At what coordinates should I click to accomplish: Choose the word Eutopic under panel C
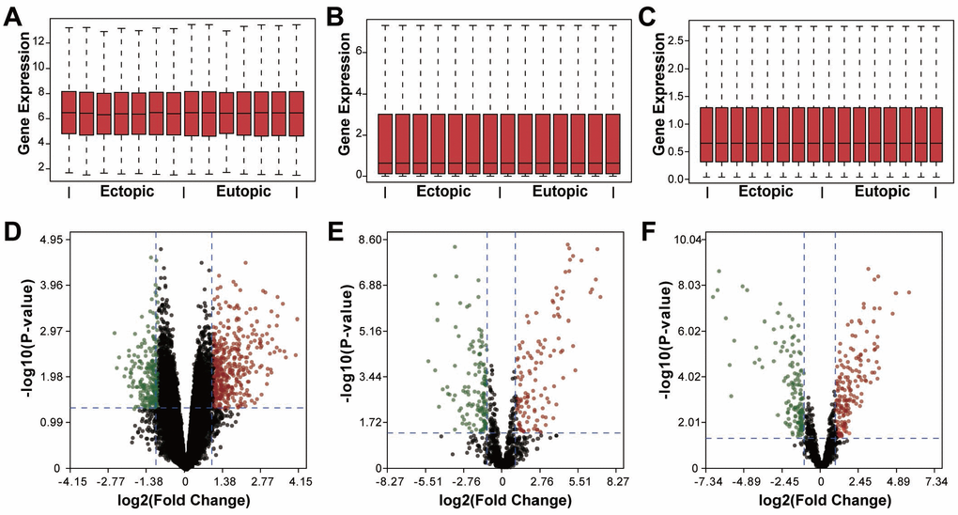coord(882,191)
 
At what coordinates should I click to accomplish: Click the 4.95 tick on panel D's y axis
coord(46,241)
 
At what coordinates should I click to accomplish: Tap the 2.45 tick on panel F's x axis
coord(860,480)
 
